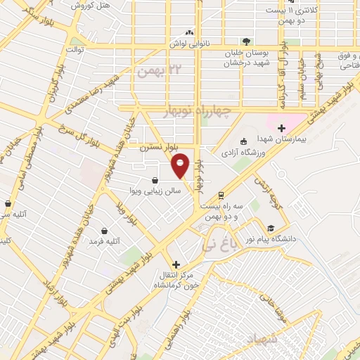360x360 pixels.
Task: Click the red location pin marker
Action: click(181, 165)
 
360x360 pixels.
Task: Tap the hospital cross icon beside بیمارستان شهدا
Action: click(281, 128)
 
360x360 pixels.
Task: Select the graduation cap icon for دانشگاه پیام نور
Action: click(270, 228)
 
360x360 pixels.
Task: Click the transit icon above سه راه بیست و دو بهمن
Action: click(220, 195)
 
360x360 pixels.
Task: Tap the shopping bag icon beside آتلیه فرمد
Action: click(105, 230)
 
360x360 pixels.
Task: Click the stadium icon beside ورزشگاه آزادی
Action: click(243, 141)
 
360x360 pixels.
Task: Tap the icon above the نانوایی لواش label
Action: click(188, 32)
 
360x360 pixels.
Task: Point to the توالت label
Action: click(75, 50)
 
